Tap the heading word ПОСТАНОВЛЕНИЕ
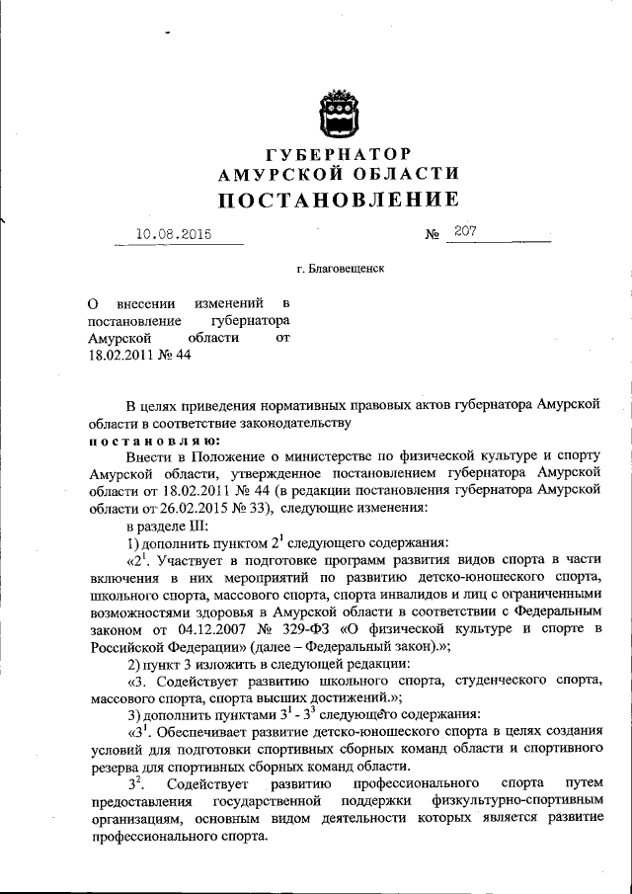click(x=338, y=200)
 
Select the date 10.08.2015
click(x=175, y=235)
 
